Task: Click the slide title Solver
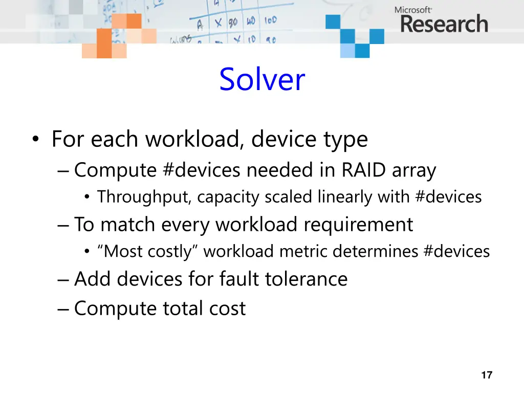click(262, 80)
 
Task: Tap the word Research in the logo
click(444, 24)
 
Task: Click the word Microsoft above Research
click(413, 10)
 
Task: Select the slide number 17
click(487, 376)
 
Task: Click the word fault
click(239, 279)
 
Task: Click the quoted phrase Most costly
click(148, 251)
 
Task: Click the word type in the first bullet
click(347, 139)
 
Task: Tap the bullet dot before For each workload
click(35, 140)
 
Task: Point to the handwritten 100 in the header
click(270, 21)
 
